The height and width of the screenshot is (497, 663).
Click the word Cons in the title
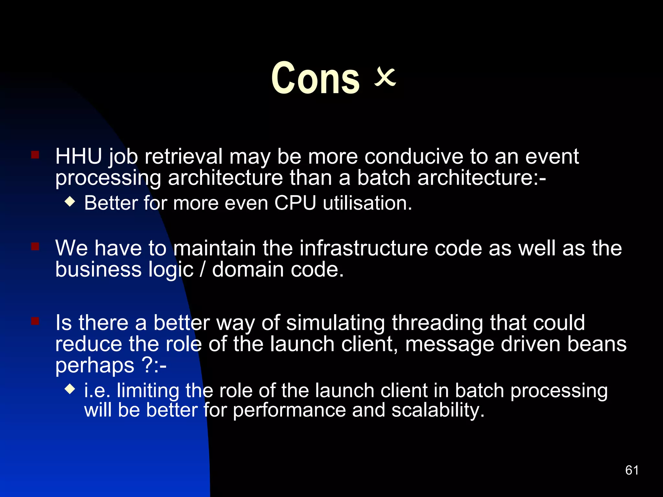point(315,78)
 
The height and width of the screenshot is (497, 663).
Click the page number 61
point(632,470)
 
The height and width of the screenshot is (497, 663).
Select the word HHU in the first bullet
point(79,157)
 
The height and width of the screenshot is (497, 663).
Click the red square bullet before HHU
point(35,155)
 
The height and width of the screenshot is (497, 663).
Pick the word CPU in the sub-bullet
point(295,203)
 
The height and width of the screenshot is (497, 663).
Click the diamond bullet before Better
point(70,202)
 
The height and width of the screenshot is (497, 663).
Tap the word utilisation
point(367,203)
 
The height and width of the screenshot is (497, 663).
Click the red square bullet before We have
point(35,247)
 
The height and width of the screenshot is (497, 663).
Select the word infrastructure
point(364,248)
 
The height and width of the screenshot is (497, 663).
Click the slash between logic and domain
point(203,270)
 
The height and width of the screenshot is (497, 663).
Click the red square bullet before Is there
point(35,321)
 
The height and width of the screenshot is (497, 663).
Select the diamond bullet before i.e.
point(70,389)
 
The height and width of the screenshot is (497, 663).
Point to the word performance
point(289,410)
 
